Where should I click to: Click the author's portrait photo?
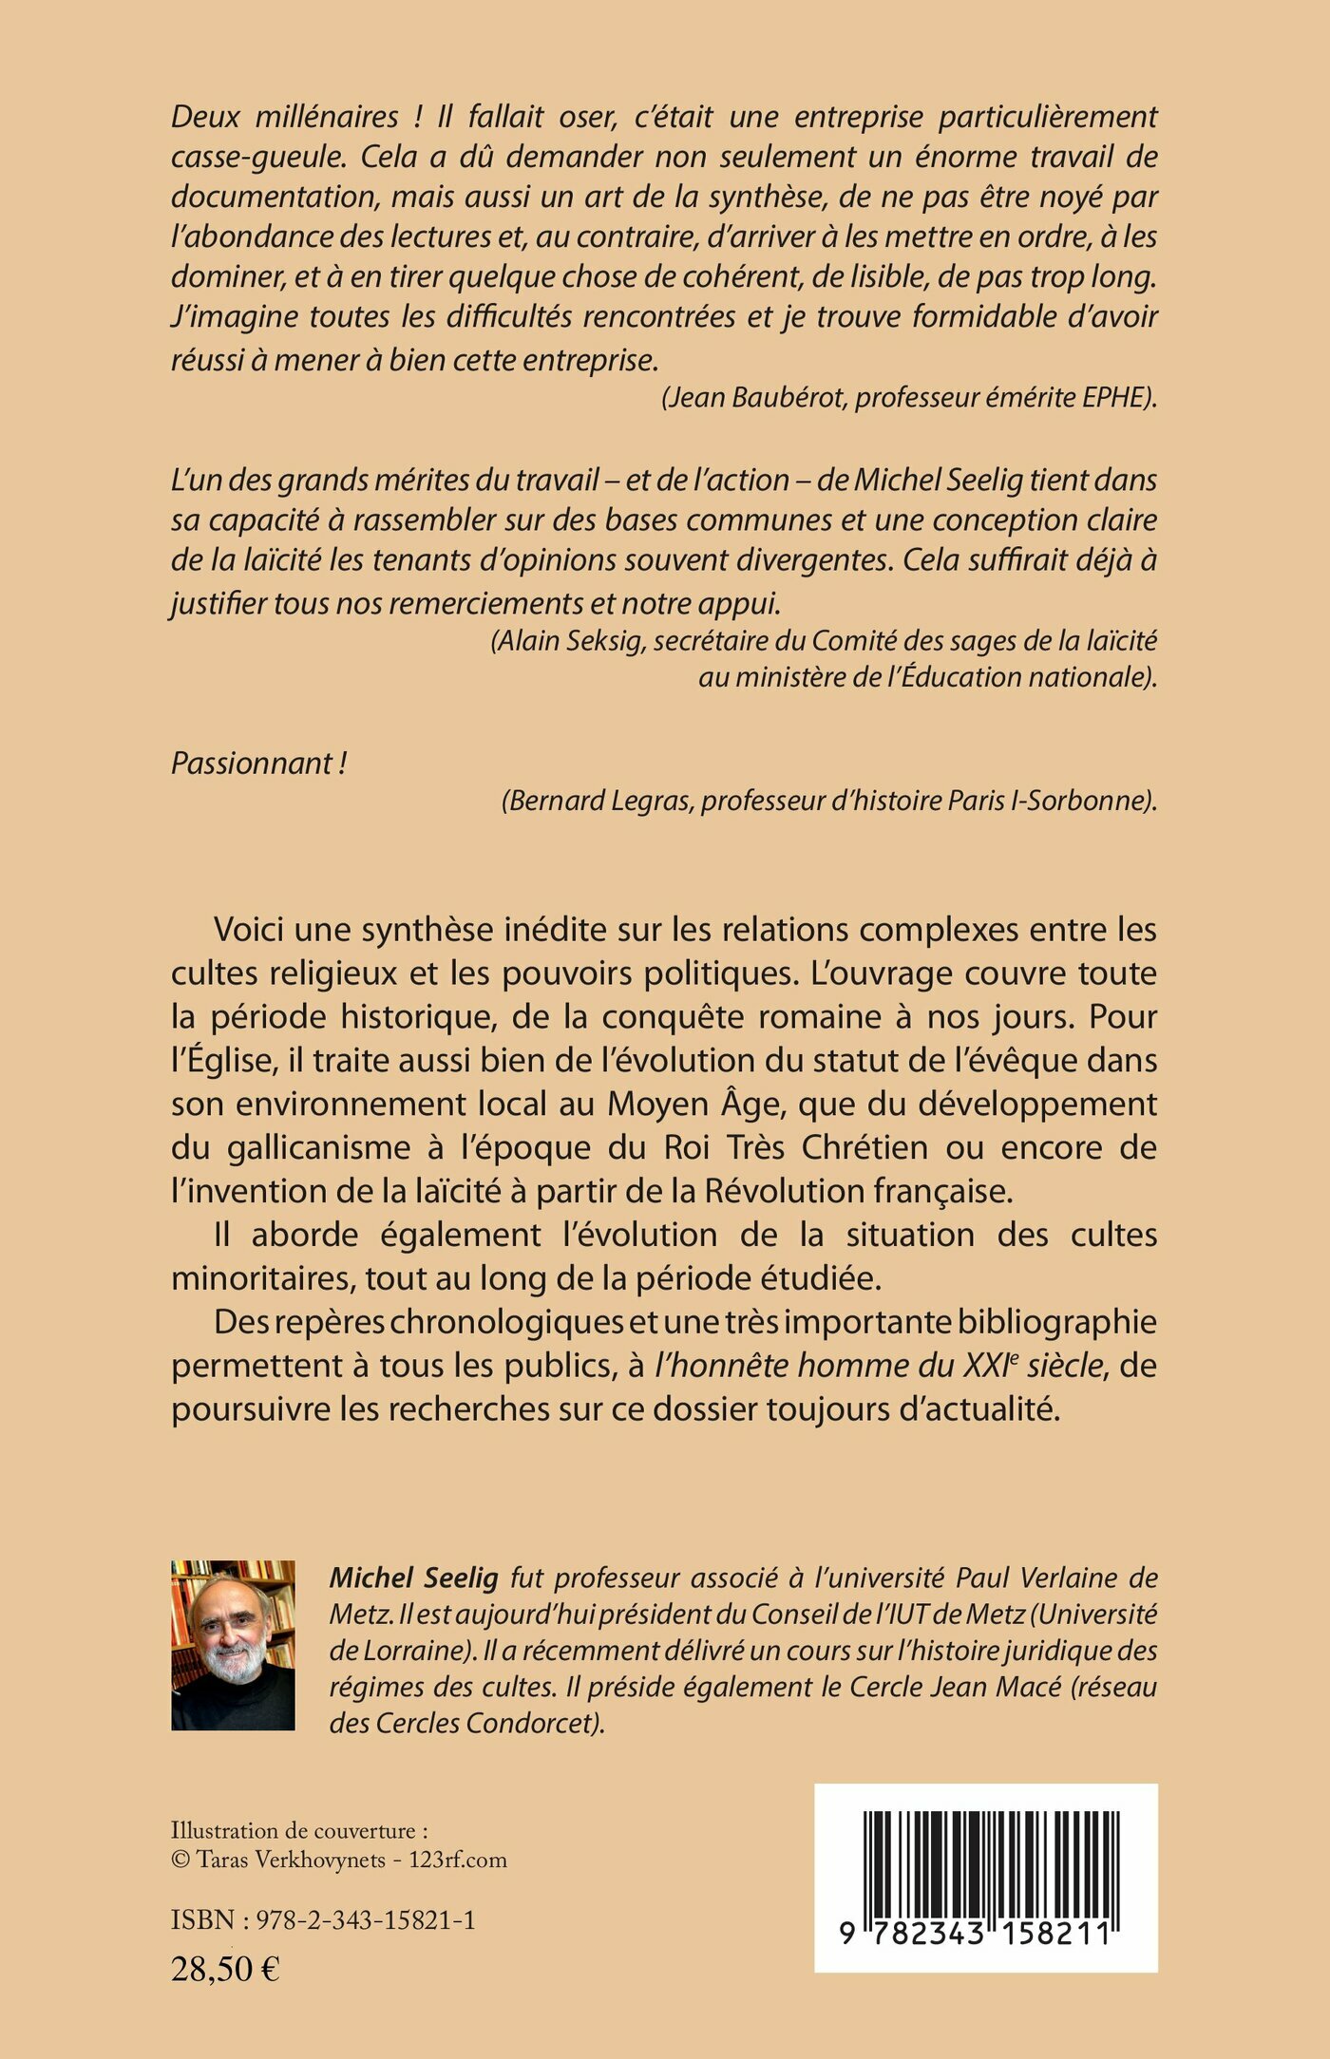pyautogui.click(x=233, y=1644)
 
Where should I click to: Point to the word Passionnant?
pyautogui.click(x=252, y=763)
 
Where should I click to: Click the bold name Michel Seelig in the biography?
pyautogui.click(x=413, y=1577)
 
